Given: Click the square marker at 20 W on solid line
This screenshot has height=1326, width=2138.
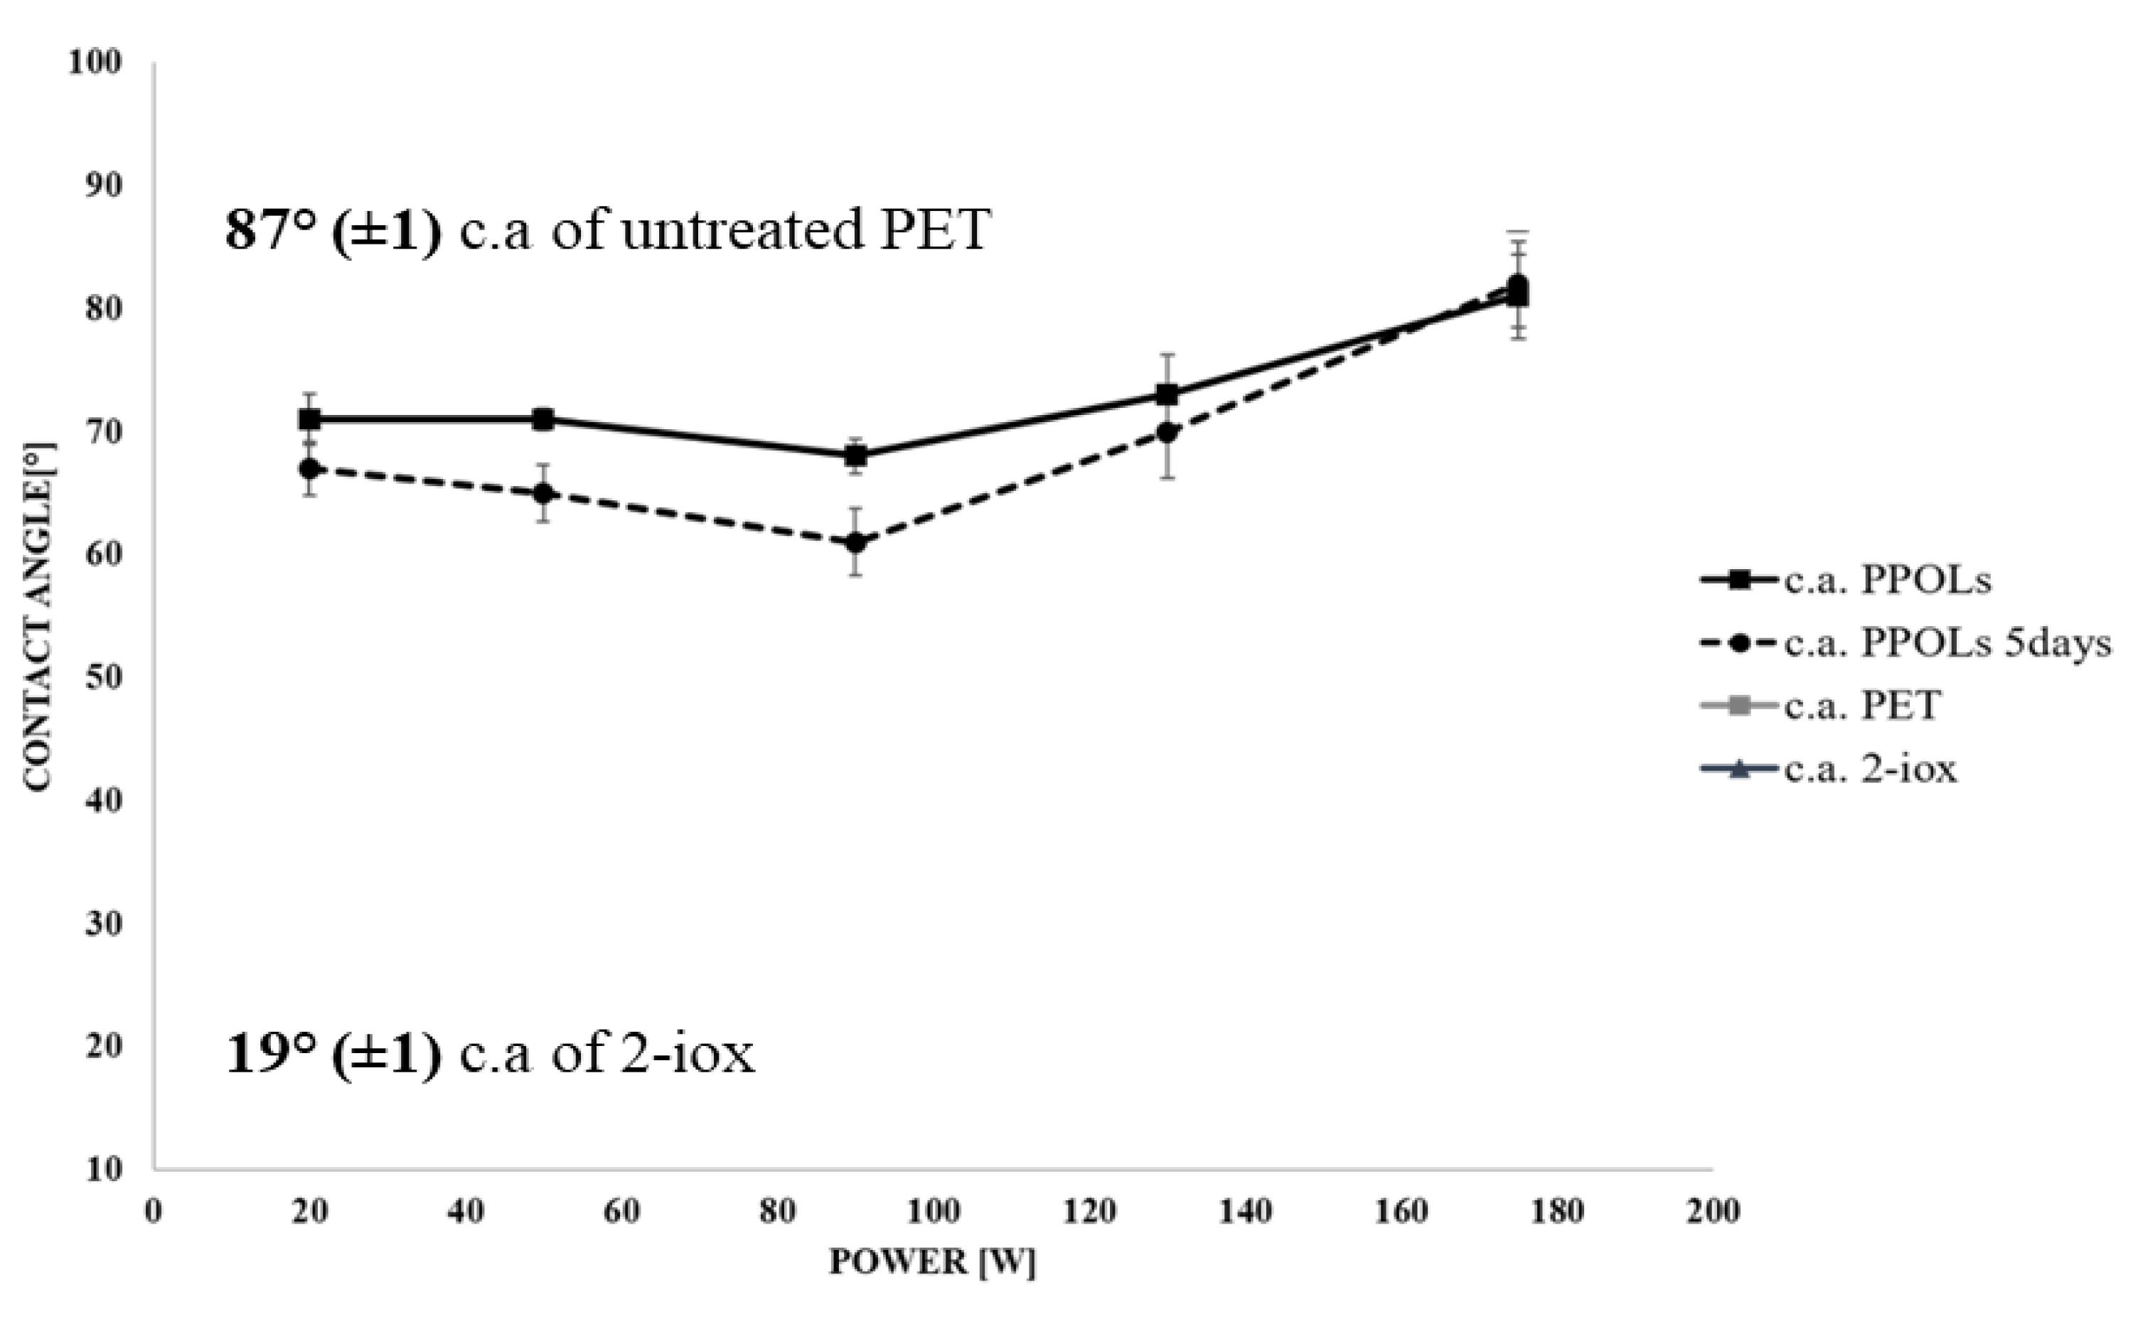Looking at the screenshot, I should [309, 419].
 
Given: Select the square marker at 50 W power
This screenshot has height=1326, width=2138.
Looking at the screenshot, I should [543, 419].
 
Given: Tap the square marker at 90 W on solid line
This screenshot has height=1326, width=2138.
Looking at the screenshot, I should [855, 456].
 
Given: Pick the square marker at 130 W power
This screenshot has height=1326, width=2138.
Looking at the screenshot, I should [1167, 394].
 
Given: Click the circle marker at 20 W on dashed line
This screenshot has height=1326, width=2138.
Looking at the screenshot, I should [309, 468].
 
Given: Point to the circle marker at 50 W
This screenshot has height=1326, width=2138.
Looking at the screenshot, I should [543, 493].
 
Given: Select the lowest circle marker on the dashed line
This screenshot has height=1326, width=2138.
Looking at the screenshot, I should [855, 543].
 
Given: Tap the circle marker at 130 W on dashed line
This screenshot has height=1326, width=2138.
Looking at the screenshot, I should [1167, 431].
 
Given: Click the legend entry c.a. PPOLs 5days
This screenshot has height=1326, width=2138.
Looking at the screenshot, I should [1947, 644].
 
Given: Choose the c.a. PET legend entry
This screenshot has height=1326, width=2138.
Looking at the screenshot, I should [1861, 706].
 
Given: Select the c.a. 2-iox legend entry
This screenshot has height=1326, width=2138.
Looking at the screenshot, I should [1869, 769].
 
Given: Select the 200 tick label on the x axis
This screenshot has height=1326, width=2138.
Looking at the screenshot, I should [1713, 1212].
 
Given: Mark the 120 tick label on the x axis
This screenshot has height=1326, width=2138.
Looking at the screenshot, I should [1089, 1212].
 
